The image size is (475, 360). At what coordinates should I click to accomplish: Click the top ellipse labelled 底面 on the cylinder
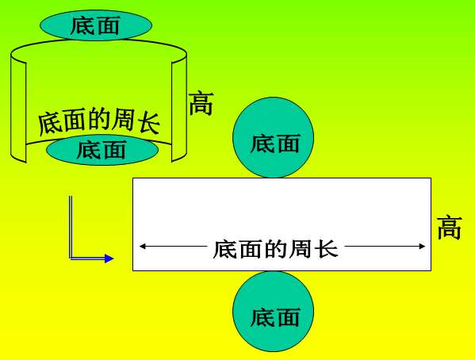tap(96, 25)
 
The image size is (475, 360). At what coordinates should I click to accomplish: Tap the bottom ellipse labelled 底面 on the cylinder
tap(102, 150)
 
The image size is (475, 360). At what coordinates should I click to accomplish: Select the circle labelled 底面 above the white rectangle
tap(274, 137)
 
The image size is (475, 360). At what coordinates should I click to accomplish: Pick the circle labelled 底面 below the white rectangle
tap(274, 311)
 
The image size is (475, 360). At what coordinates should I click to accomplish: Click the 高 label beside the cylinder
tap(201, 103)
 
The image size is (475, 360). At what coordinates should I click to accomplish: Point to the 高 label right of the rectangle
tap(450, 228)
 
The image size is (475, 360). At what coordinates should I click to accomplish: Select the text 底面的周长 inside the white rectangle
tap(275, 249)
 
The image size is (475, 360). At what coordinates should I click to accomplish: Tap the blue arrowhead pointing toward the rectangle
tap(109, 259)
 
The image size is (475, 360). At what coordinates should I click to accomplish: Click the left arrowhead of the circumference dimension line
tap(142, 246)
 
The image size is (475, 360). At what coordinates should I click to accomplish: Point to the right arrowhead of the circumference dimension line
tap(422, 246)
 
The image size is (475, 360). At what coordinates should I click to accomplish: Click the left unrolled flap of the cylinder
tap(18, 109)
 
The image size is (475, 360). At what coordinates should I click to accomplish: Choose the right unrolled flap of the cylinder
tap(179, 109)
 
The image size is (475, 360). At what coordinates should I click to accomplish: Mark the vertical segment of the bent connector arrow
tap(71, 227)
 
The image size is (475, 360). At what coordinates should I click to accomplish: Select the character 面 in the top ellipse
tap(108, 25)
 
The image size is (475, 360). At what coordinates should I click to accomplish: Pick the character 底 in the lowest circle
tap(262, 317)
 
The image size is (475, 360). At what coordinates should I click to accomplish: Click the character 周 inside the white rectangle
tap(301, 249)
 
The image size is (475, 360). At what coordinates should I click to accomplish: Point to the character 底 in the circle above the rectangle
tap(262, 144)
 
